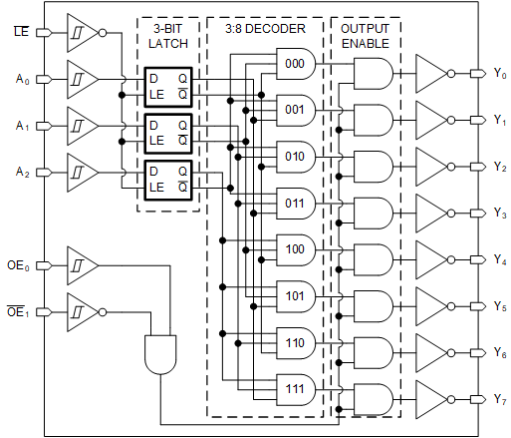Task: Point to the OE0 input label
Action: pos(18,266)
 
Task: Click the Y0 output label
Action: pos(499,75)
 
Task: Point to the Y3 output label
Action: pos(499,214)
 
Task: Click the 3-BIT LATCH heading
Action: pos(168,36)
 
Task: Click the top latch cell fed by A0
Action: pos(167,84)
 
